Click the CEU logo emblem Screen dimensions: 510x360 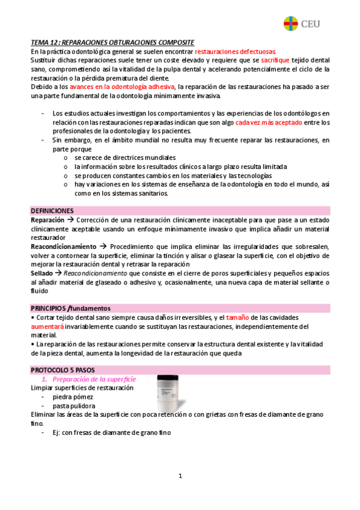291,23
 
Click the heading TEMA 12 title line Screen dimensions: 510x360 112,43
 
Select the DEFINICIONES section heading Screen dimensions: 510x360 52,211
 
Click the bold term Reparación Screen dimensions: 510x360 47,220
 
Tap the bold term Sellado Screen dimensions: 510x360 41,273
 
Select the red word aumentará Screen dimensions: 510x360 47,326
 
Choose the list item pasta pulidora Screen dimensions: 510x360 75,406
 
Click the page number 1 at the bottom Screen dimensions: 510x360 180,476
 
